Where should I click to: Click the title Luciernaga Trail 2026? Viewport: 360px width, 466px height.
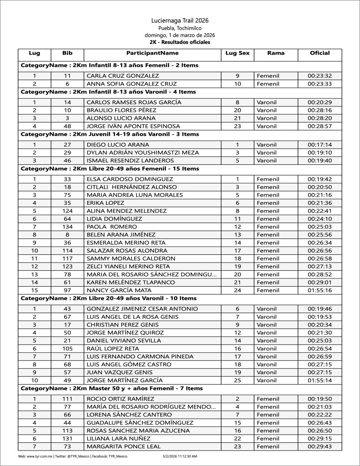click(x=180, y=20)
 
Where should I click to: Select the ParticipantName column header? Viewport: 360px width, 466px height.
click(x=152, y=53)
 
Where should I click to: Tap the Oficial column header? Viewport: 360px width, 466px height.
click(x=319, y=53)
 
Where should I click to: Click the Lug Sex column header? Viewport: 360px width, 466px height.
click(x=237, y=53)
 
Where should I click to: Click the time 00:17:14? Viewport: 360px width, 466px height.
click(x=319, y=145)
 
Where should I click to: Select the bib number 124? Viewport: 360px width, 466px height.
click(x=67, y=211)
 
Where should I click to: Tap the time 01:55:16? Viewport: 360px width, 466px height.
click(x=319, y=290)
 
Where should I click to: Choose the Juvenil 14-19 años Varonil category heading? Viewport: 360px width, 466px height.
click(x=110, y=134)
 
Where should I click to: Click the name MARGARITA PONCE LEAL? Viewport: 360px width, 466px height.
click(x=123, y=446)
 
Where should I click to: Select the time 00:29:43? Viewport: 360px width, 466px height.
click(x=319, y=446)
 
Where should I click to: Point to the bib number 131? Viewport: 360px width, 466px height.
click(x=67, y=438)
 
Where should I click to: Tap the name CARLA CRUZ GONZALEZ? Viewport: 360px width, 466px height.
click(x=120, y=76)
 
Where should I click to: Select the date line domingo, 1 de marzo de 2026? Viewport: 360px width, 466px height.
click(x=180, y=35)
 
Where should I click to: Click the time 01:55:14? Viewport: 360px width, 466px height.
click(x=319, y=380)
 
